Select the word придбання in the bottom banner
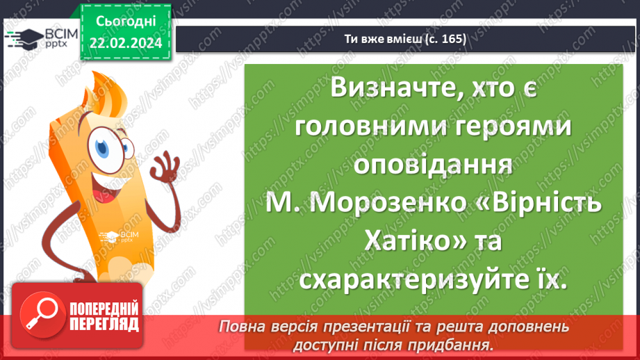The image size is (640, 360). pos(457,344)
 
